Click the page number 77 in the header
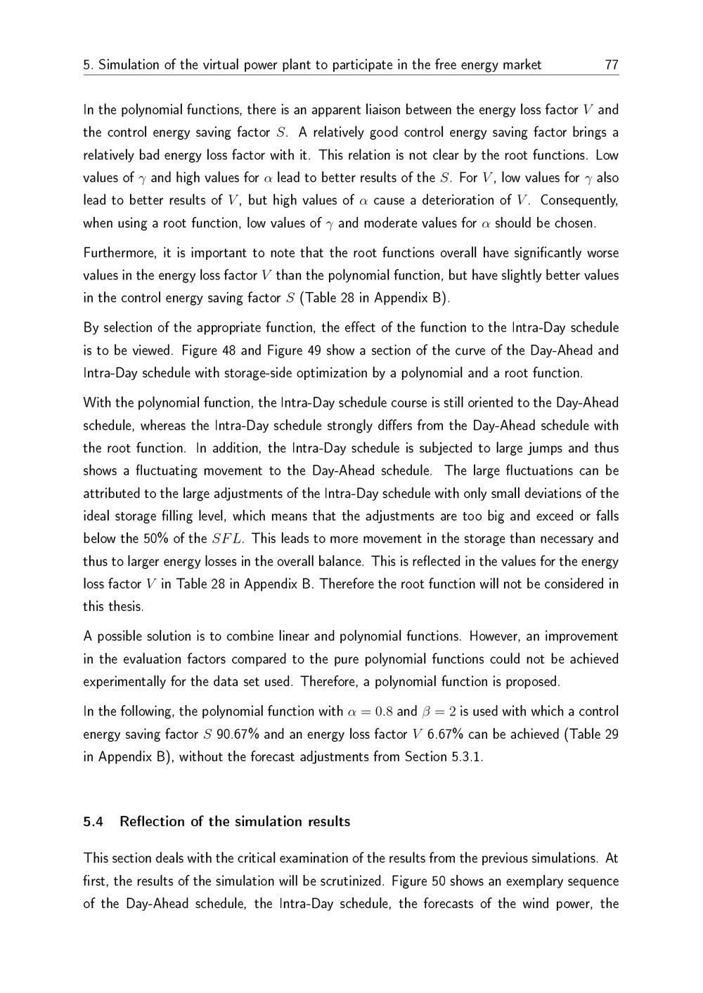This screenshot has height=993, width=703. [x=611, y=65]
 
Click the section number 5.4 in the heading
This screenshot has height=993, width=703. [x=93, y=822]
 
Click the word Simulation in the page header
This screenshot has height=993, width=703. [x=129, y=65]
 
